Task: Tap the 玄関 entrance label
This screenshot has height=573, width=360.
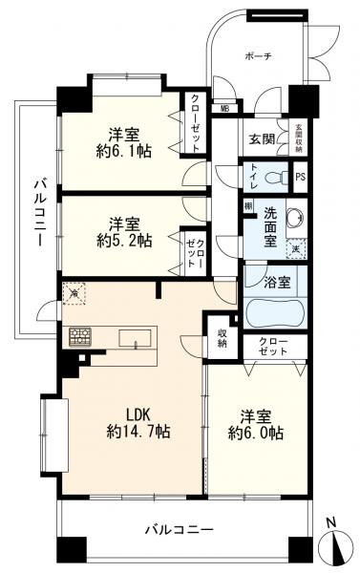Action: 261,139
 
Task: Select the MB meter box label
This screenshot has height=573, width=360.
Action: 225,109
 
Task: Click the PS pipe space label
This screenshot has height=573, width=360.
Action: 300,178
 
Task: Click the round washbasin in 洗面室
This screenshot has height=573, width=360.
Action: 292,217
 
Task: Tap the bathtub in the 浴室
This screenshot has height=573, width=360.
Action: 273,312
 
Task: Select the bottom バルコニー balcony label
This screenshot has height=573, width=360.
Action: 180,527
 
